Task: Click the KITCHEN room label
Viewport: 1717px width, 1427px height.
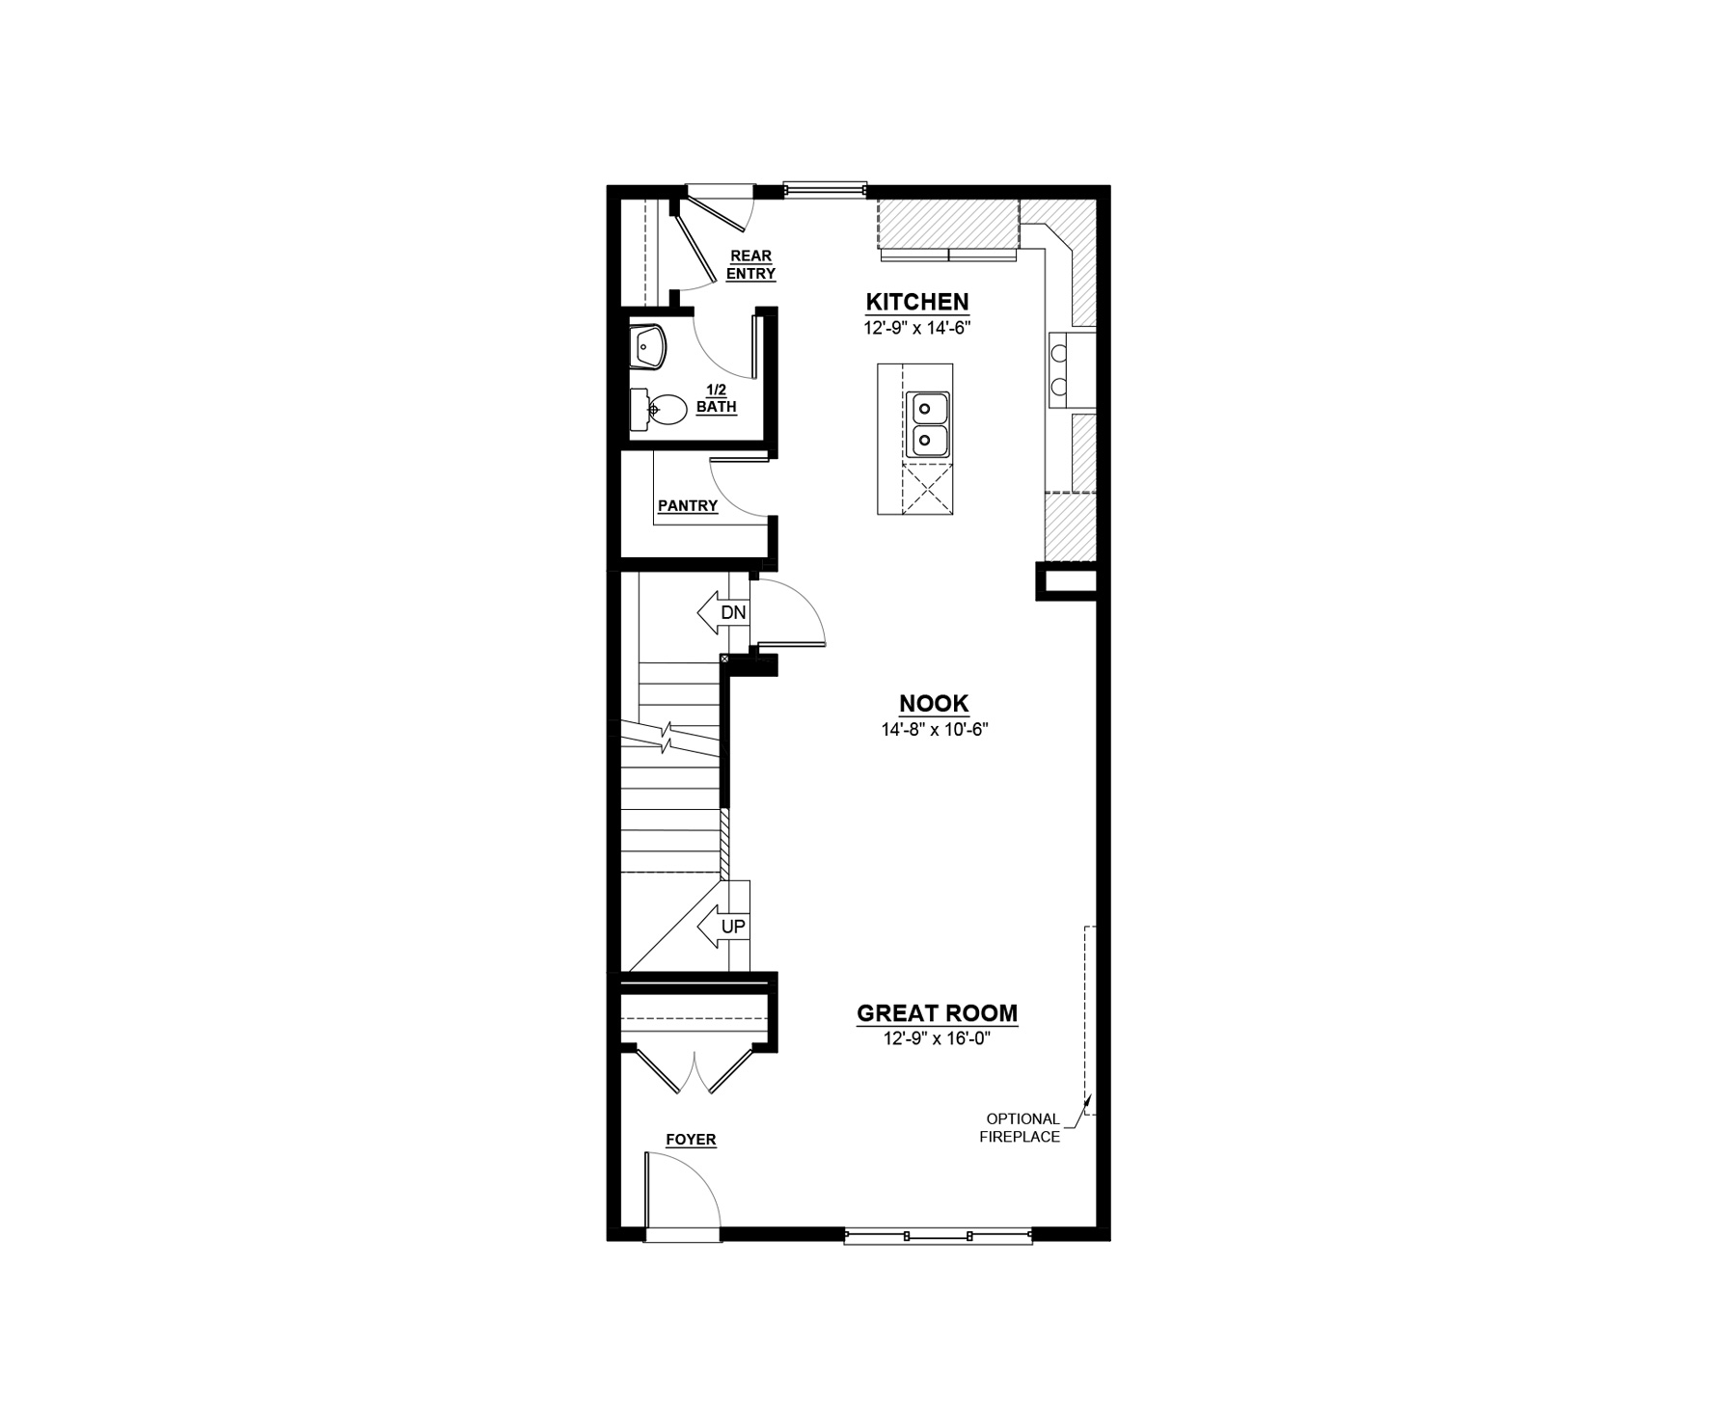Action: pyautogui.click(x=916, y=302)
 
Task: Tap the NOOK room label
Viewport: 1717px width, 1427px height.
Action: pyautogui.click(x=934, y=703)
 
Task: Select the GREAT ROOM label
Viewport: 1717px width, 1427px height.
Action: pyautogui.click(x=937, y=1013)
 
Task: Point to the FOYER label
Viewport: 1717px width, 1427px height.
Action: pyautogui.click(x=691, y=1140)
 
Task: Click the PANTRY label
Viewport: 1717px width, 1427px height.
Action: pyautogui.click(x=688, y=505)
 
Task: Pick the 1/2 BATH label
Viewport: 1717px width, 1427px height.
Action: pyautogui.click(x=717, y=398)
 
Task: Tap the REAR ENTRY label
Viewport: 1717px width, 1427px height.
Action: pyautogui.click(x=751, y=264)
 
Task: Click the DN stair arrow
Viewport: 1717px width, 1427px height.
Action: pyautogui.click(x=722, y=612)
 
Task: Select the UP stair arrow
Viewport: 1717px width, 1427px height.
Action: pyautogui.click(x=722, y=927)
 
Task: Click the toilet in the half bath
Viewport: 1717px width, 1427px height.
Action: pyautogui.click(x=658, y=409)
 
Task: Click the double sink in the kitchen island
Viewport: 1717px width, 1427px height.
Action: pyautogui.click(x=927, y=425)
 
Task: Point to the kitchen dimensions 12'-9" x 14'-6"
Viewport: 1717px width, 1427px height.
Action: pyautogui.click(x=916, y=328)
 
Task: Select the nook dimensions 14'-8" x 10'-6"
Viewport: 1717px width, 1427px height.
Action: pyautogui.click(x=935, y=730)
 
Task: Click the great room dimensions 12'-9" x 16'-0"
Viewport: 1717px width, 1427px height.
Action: pyautogui.click(x=937, y=1039)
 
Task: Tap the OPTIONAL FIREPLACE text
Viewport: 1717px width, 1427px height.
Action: pyautogui.click(x=1022, y=1128)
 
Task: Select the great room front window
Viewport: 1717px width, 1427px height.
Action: pyautogui.click(x=938, y=1234)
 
